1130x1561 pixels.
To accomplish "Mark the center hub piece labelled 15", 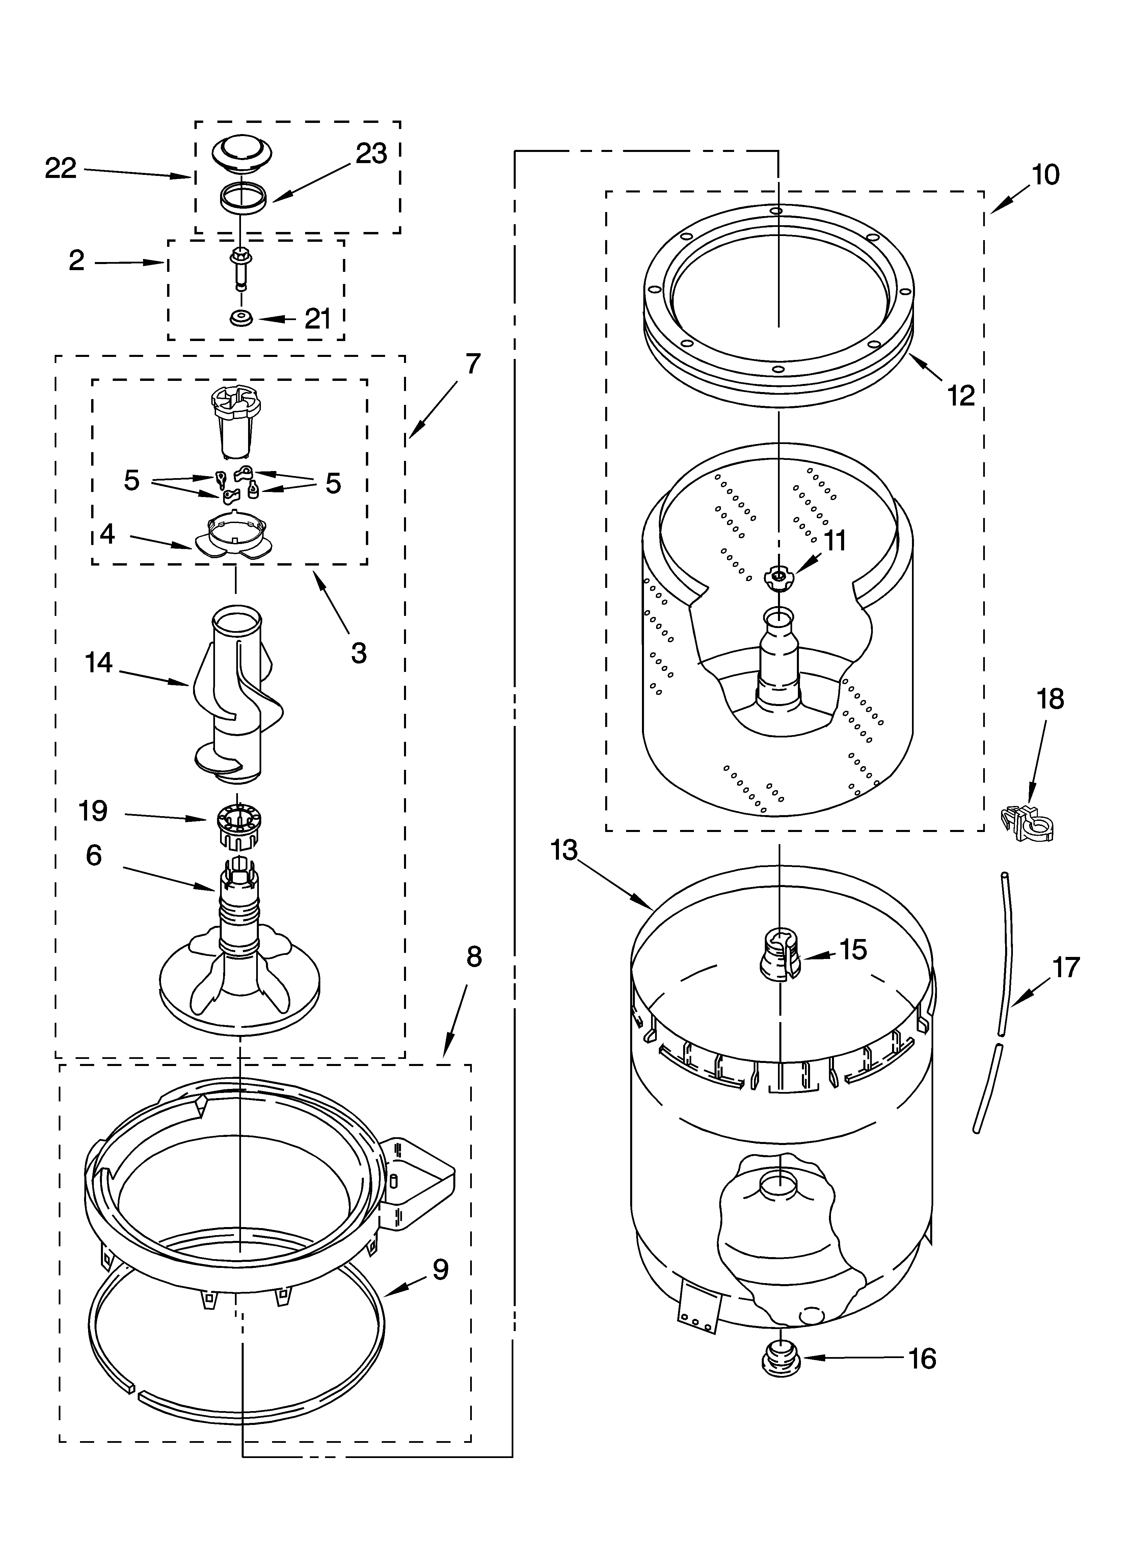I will click(780, 953).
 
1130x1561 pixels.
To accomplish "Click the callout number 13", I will click(564, 851).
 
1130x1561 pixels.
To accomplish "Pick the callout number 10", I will click(1045, 176).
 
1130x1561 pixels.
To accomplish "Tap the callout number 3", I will click(358, 653).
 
